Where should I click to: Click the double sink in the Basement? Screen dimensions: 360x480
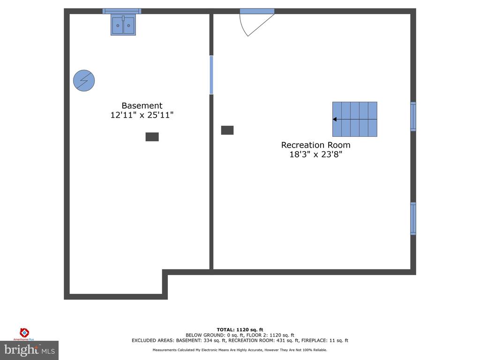click(x=123, y=25)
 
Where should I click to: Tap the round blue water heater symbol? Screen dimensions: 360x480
click(x=84, y=81)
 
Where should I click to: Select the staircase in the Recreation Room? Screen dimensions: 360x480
click(x=355, y=119)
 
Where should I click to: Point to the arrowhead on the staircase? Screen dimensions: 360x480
click(x=335, y=120)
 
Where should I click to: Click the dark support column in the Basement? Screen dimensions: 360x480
click(x=152, y=137)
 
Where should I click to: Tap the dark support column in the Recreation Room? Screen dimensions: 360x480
click(x=227, y=130)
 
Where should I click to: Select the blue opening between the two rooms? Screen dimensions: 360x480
click(x=211, y=75)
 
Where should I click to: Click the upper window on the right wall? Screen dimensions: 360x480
click(x=413, y=116)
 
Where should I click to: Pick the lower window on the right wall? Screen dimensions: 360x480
click(x=413, y=218)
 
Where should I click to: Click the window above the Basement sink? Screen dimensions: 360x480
click(x=122, y=11)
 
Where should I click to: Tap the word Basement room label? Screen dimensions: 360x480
click(x=142, y=106)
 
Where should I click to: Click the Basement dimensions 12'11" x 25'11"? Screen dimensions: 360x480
click(x=142, y=115)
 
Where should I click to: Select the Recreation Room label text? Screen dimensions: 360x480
click(x=315, y=145)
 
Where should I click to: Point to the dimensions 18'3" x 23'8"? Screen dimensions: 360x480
click(x=315, y=155)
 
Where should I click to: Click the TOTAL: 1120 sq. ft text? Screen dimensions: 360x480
click(x=240, y=330)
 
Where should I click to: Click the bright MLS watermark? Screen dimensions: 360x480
click(x=29, y=350)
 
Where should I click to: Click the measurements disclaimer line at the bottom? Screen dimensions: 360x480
click(x=240, y=350)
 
